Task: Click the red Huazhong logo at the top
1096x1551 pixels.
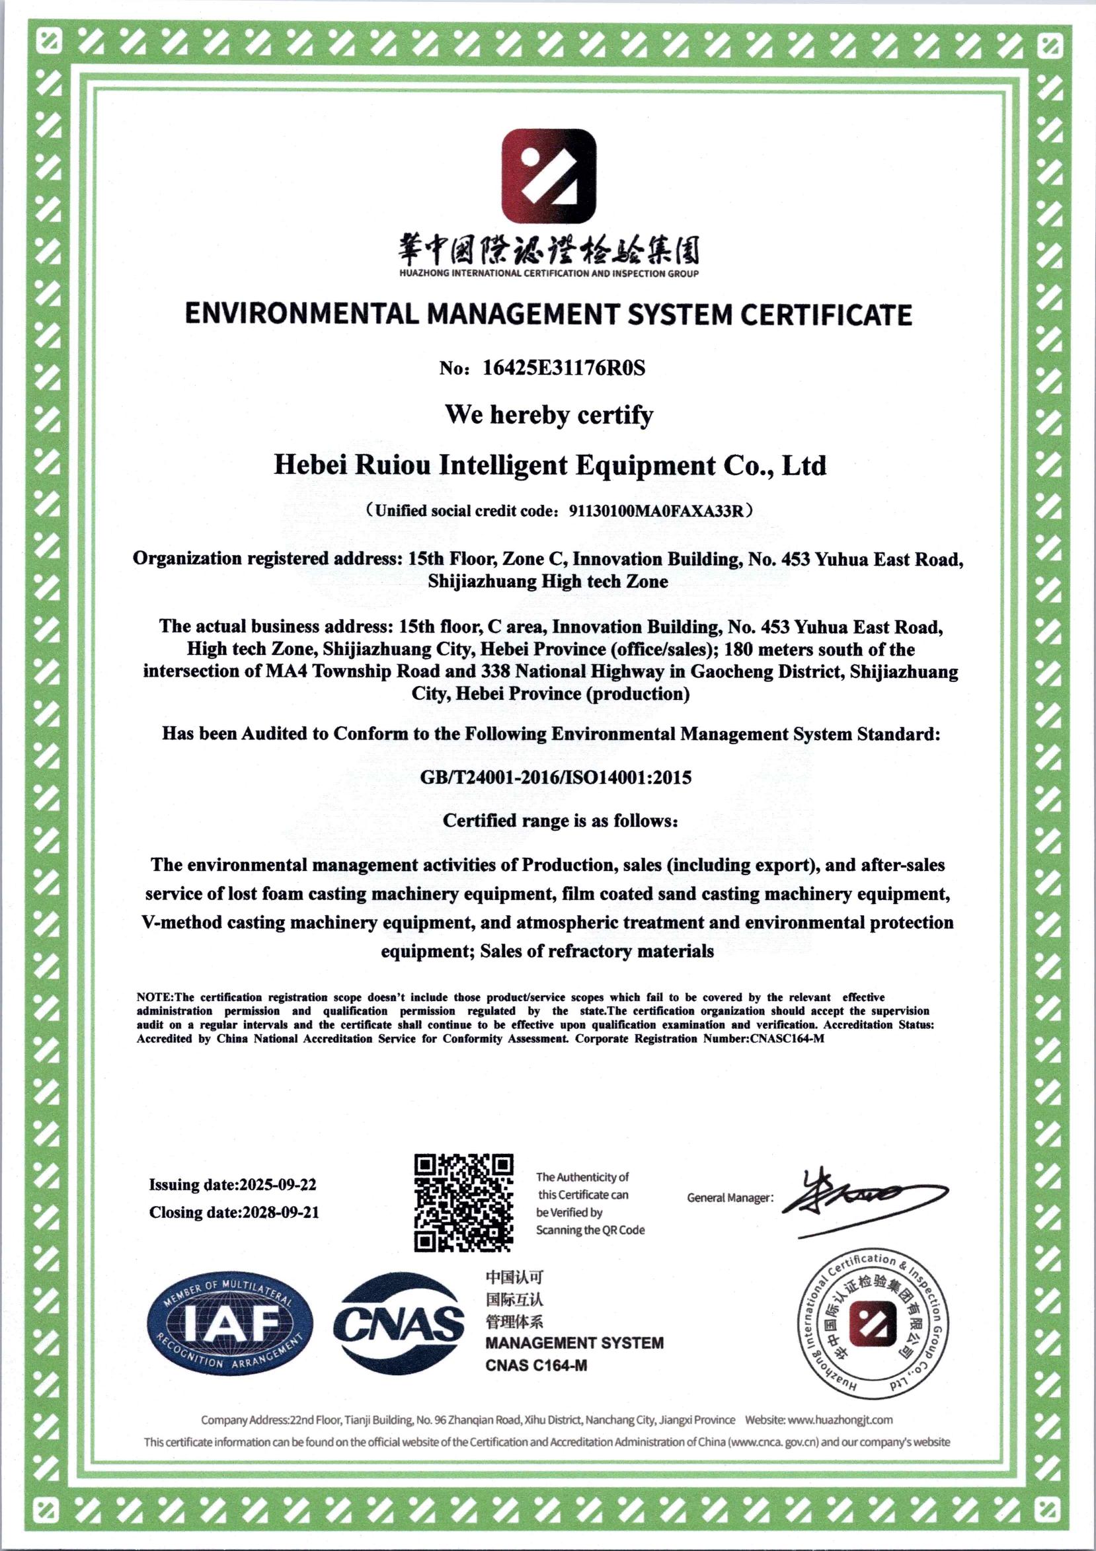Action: [549, 176]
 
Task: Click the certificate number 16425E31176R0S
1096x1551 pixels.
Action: [564, 368]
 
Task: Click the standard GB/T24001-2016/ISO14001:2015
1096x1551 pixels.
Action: [555, 777]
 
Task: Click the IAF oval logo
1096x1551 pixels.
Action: [231, 1325]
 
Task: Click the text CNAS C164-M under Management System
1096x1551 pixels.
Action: [536, 1365]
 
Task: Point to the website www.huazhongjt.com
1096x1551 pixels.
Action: [840, 1419]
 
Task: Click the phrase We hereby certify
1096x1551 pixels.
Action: [549, 415]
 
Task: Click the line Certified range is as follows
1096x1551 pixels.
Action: [560, 821]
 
